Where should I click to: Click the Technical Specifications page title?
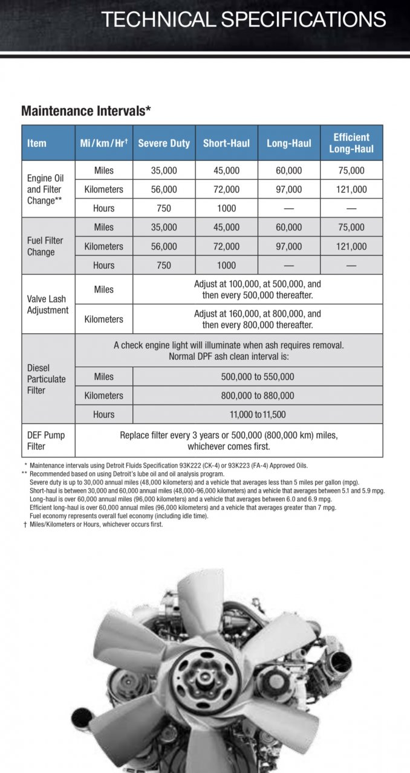point(243,19)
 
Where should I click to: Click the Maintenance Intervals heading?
point(86,111)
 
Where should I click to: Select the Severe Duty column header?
point(164,143)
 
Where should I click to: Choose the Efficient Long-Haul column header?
point(351,143)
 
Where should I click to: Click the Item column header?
point(37,143)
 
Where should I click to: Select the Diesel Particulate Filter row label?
point(47,379)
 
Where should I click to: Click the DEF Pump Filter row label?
point(46,440)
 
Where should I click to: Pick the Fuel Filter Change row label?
point(45,246)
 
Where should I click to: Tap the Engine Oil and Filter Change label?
point(45,189)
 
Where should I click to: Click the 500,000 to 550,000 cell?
point(258,377)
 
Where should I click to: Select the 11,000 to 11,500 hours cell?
point(258,415)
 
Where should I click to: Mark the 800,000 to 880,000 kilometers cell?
point(258,396)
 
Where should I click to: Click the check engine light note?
point(229,350)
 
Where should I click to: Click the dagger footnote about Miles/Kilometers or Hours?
point(93,524)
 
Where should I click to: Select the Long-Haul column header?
point(289,143)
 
